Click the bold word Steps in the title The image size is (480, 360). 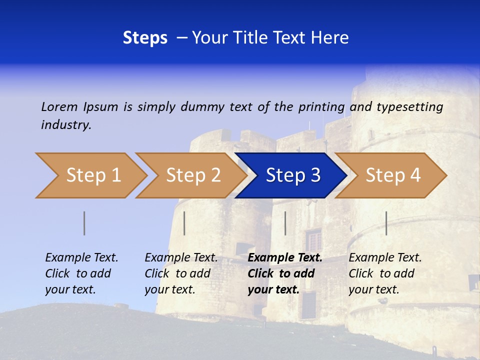145,38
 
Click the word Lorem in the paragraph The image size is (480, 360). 59,107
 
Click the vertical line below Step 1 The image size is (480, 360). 84,223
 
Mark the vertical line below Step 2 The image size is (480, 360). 184,223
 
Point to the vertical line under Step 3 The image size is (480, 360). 285,223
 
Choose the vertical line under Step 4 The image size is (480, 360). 386,223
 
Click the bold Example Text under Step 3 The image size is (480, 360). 285,258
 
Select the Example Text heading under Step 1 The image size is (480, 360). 81,258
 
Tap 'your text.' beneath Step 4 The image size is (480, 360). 373,289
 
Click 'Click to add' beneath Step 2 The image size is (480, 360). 177,273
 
